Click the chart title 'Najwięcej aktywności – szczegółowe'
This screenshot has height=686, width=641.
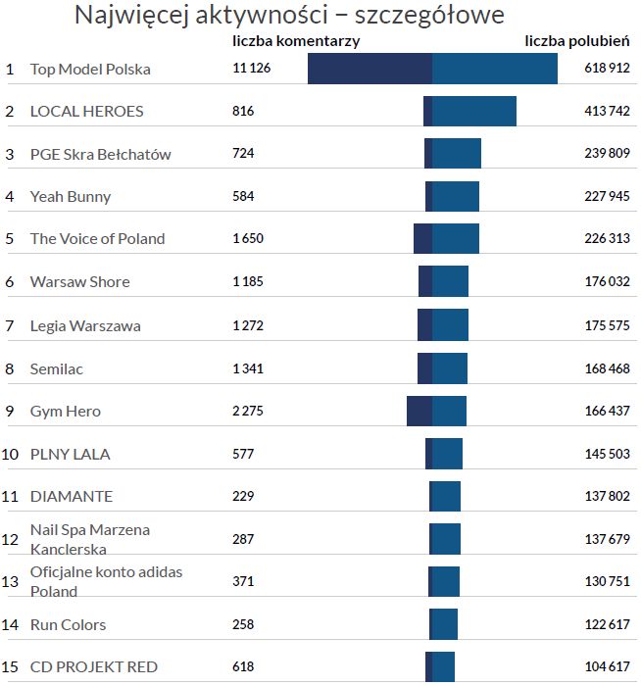tap(289, 16)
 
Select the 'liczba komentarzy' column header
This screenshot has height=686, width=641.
tap(296, 41)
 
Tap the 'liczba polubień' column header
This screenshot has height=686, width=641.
tap(576, 41)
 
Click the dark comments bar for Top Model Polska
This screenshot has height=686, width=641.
tap(370, 69)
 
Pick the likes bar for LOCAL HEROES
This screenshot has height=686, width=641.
tap(474, 111)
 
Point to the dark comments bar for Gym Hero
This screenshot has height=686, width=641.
tap(419, 411)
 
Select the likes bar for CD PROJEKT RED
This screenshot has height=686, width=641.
tap(443, 666)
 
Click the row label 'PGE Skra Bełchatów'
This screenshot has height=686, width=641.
tap(100, 154)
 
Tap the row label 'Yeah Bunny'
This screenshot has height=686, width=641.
tap(71, 196)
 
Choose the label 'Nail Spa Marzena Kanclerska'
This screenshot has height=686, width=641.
tap(90, 539)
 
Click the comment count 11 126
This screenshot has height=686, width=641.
tap(251, 69)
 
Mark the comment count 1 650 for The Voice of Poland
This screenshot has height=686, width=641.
tap(247, 238)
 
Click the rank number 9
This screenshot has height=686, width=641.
tap(10, 411)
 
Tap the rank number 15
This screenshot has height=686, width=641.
tap(11, 666)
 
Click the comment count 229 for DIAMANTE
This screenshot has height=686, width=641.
tap(243, 496)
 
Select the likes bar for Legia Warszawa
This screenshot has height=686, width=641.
tap(450, 325)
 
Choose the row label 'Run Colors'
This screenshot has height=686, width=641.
tap(68, 624)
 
